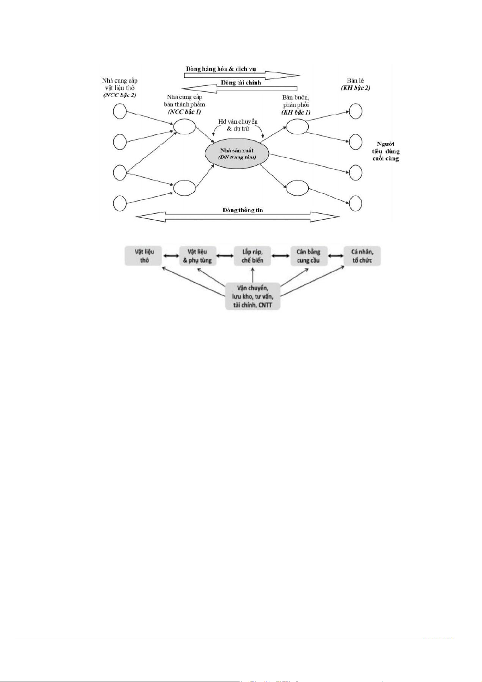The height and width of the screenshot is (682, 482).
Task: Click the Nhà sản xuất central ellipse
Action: click(237, 153)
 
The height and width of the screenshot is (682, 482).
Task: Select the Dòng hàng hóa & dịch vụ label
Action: click(221, 69)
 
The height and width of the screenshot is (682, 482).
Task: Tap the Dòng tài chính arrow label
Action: click(241, 83)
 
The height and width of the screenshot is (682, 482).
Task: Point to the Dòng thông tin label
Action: click(242, 210)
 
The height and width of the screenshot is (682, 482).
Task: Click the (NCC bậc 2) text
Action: click(119, 95)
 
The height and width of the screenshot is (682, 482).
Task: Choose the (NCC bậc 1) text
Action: click(185, 112)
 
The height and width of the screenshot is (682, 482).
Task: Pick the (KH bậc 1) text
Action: click(296, 112)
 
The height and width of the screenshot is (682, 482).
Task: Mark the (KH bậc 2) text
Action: click(355, 88)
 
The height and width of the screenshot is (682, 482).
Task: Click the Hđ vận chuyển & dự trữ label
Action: click(238, 125)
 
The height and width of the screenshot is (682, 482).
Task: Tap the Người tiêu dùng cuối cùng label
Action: click(386, 151)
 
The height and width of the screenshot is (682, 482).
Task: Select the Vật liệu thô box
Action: click(144, 256)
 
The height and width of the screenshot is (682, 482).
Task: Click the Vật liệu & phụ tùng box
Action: click(197, 256)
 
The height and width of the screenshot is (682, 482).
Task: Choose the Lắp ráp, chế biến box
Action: click(252, 256)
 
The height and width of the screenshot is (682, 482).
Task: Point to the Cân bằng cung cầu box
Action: click(308, 256)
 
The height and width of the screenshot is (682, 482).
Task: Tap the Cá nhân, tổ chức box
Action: click(362, 256)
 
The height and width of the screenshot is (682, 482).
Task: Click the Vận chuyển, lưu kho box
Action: click(253, 296)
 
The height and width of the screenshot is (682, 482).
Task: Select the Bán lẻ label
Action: click(355, 81)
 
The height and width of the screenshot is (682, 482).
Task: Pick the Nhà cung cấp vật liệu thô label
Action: click(119, 84)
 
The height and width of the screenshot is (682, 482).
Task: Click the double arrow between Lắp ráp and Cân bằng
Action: click(280, 256)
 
